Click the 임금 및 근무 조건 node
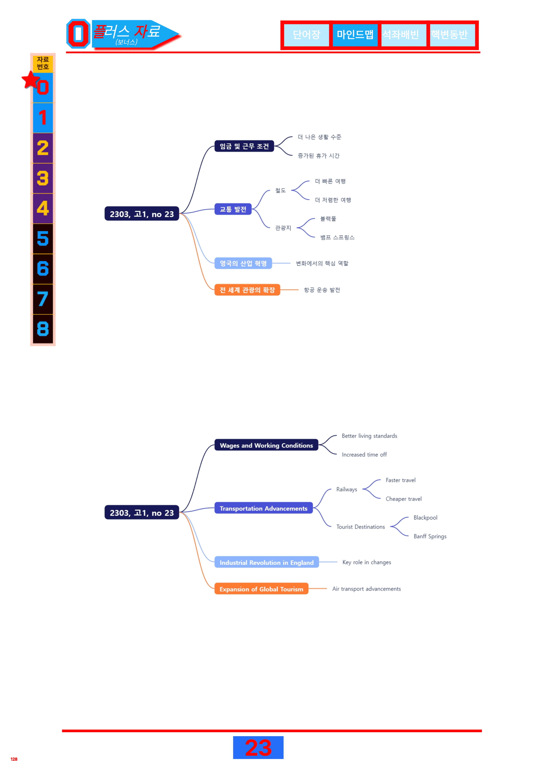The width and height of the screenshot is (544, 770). pos(244,146)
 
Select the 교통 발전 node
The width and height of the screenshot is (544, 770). pos(233,209)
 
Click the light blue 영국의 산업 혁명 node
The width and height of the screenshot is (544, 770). pos(243,263)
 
